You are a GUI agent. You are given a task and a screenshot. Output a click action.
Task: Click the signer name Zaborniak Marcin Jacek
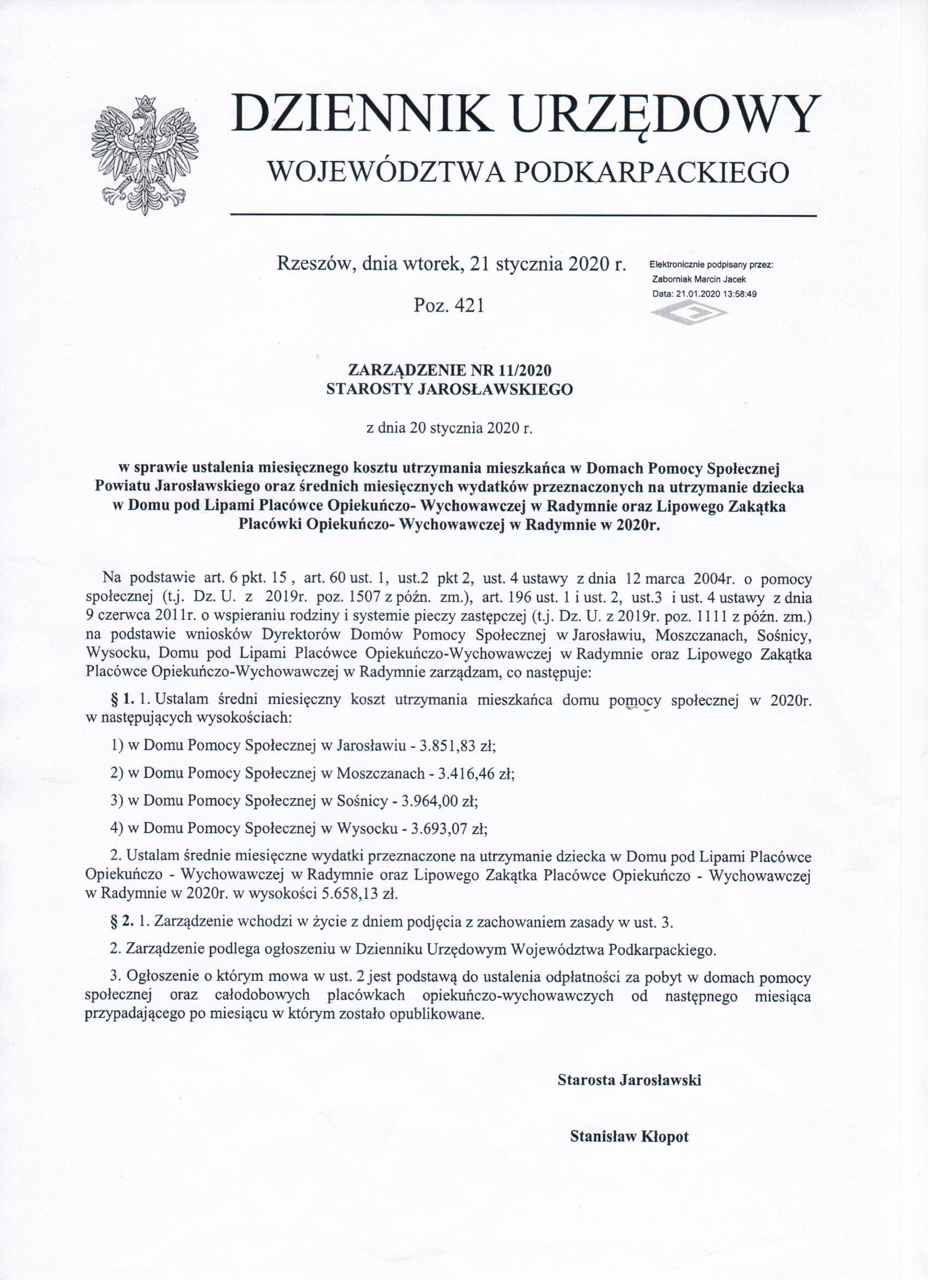point(699,279)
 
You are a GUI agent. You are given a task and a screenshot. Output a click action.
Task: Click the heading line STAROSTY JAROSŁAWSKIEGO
point(450,389)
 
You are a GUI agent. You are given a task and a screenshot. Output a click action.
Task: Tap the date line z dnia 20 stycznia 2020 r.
point(450,427)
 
